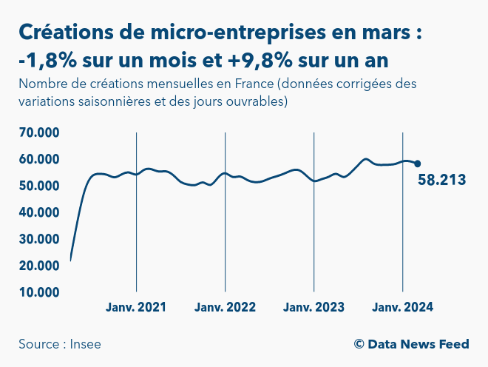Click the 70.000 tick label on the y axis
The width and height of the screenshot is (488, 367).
(38, 132)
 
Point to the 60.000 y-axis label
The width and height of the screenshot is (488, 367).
(38, 159)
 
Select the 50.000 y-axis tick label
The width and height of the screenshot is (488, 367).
(38, 186)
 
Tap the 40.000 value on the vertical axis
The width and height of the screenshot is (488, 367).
(38, 212)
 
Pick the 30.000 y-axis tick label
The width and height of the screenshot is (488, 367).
(38, 239)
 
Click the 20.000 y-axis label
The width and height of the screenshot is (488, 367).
(38, 266)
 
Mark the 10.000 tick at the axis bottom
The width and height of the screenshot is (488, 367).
(38, 292)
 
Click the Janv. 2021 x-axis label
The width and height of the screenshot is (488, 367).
(136, 307)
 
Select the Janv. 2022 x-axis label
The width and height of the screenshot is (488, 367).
(225, 307)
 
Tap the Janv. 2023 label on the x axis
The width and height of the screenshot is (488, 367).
(314, 307)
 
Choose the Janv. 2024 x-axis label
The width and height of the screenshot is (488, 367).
(402, 307)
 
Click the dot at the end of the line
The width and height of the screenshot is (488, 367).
(417, 164)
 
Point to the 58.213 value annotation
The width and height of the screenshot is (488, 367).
(441, 180)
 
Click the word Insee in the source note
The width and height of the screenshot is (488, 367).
(86, 344)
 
